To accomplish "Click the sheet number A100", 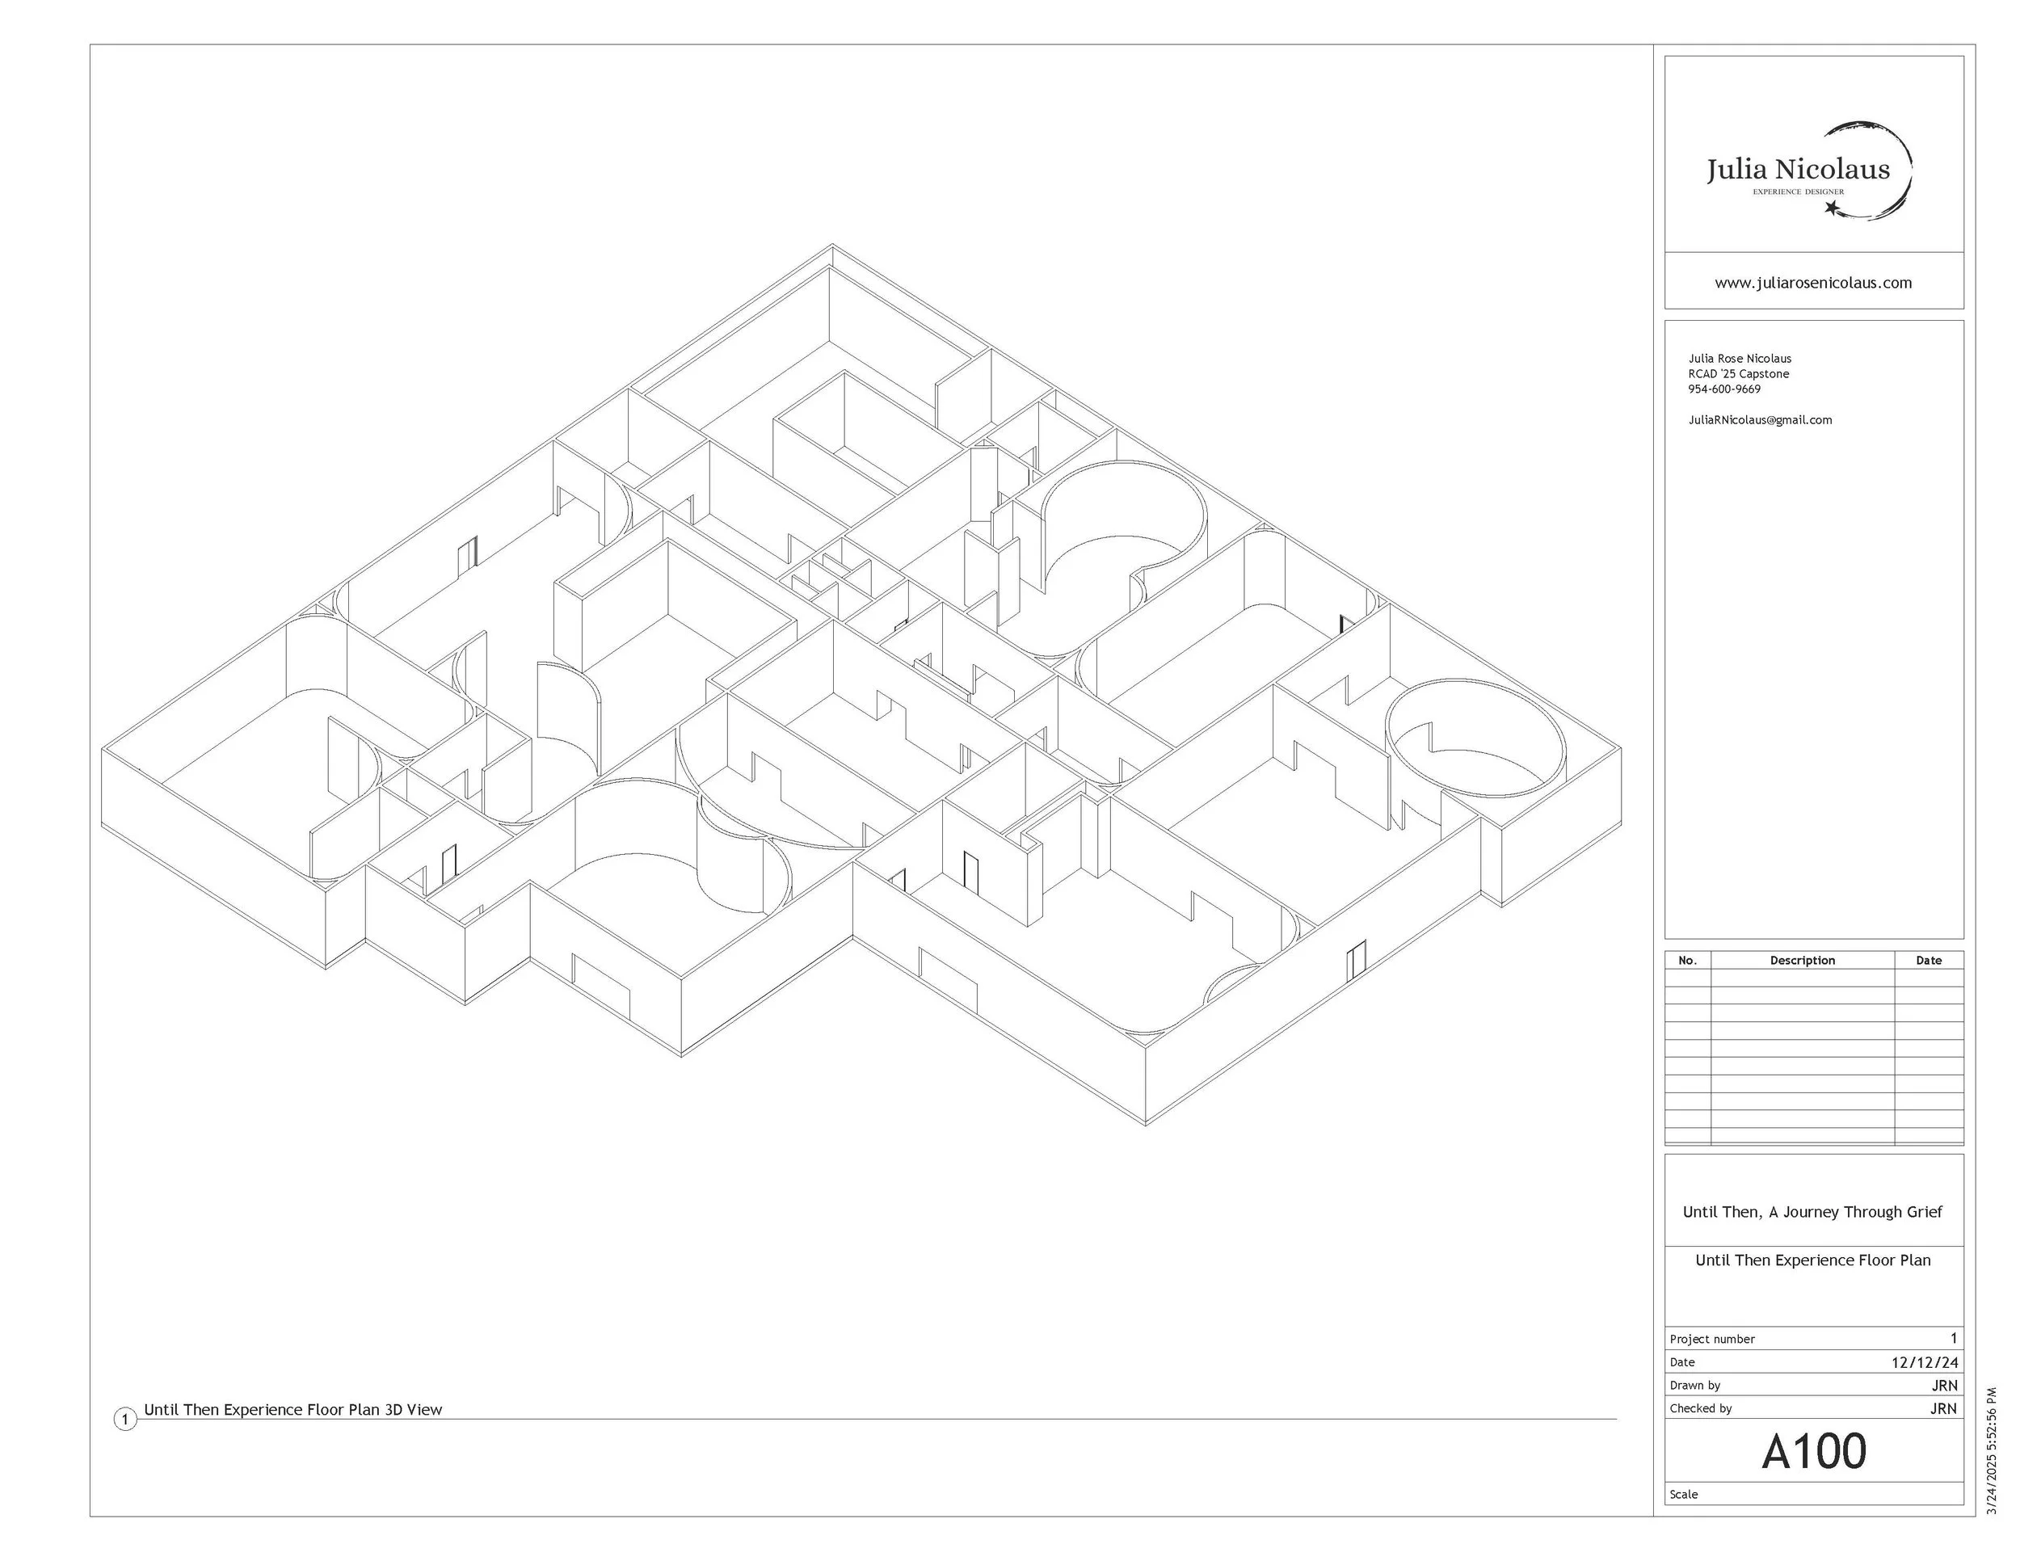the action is pyautogui.click(x=1813, y=1451).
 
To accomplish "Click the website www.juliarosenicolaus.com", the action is pyautogui.click(x=1813, y=283).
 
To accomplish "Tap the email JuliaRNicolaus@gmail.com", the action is pyautogui.click(x=1759, y=420).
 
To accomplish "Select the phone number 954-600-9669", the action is pyautogui.click(x=1724, y=389).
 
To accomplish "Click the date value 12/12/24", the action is pyautogui.click(x=1924, y=1362).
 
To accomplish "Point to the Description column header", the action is pyautogui.click(x=1802, y=960).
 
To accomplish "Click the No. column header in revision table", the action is pyautogui.click(x=1687, y=960).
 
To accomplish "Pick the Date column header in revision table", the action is pyautogui.click(x=1929, y=960).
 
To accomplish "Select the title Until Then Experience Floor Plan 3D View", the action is pyautogui.click(x=293, y=1409).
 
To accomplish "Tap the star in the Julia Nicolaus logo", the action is pyautogui.click(x=1831, y=208).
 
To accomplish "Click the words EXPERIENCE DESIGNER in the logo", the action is pyautogui.click(x=1798, y=192).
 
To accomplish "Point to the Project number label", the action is pyautogui.click(x=1712, y=1339).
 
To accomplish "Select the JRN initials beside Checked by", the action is pyautogui.click(x=1943, y=1408).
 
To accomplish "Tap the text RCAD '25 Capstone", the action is pyautogui.click(x=1738, y=373).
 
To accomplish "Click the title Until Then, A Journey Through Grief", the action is pyautogui.click(x=1812, y=1211).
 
